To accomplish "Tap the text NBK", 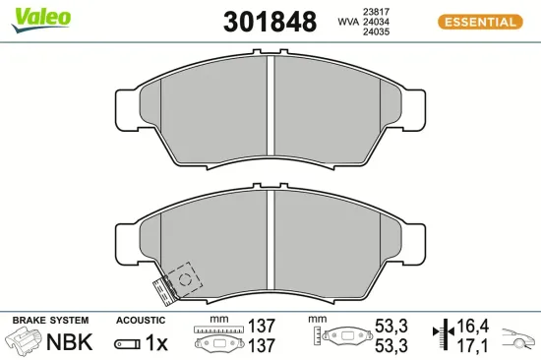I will (71, 343).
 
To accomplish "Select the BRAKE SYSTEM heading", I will (49, 321).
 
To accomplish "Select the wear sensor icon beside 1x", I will (127, 343).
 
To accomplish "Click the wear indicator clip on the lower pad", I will (164, 286).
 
